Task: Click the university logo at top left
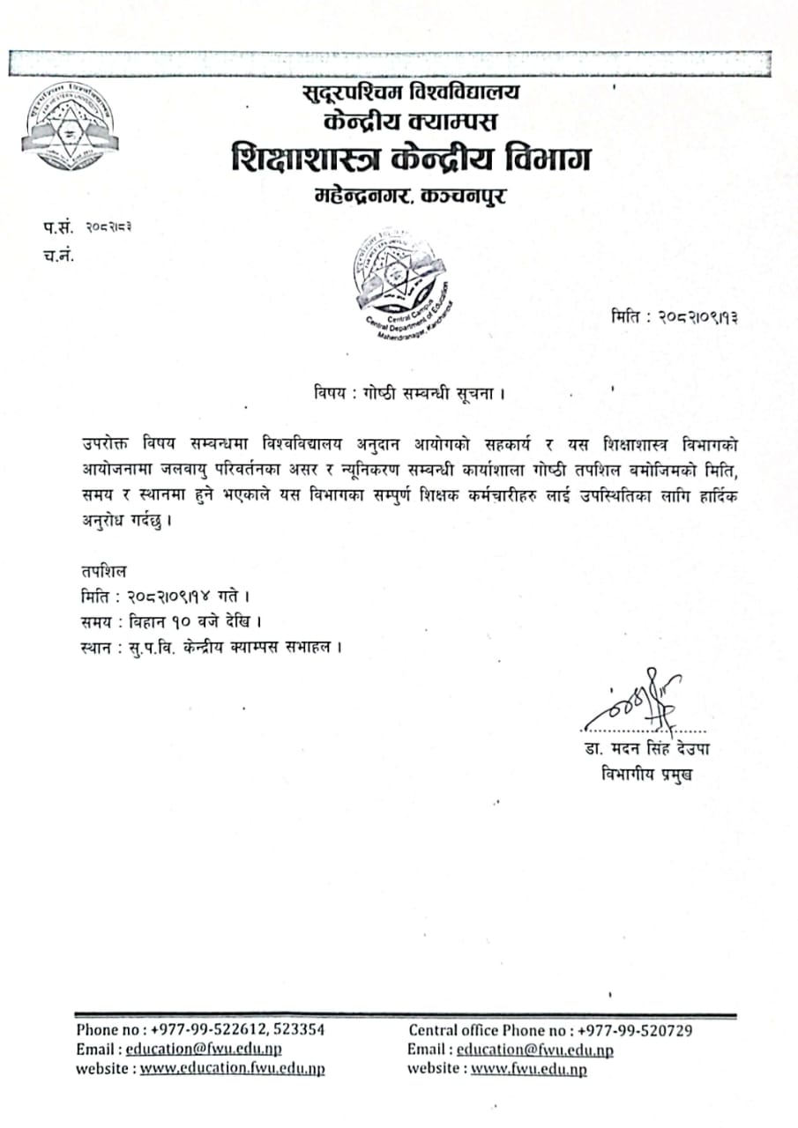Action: [69, 127]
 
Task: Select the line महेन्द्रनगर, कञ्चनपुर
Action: [411, 196]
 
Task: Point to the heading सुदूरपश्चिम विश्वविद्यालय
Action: [411, 90]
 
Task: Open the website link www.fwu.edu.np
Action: [529, 1069]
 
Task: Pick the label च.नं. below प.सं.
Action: [57, 256]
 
